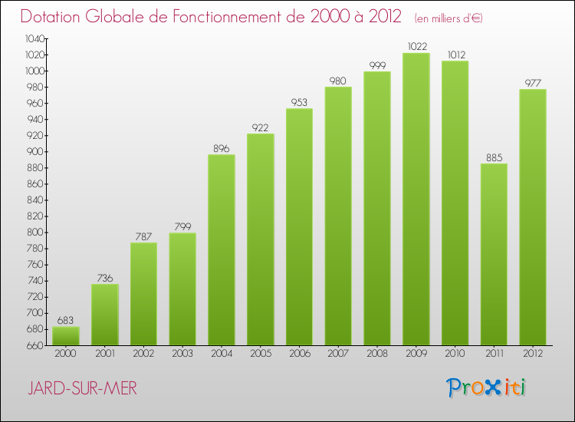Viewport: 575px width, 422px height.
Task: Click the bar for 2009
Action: tap(416, 199)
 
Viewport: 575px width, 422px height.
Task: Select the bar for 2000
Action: tap(66, 336)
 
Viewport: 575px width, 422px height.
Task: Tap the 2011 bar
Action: tap(494, 254)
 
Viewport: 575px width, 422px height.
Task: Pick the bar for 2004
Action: tap(222, 250)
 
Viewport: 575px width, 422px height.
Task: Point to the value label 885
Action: tap(494, 157)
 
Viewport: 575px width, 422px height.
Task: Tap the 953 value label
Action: tap(299, 102)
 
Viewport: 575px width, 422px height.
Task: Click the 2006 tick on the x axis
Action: tap(299, 354)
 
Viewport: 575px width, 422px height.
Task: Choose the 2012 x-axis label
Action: tap(533, 354)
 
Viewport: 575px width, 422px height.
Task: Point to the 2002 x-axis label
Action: tap(143, 354)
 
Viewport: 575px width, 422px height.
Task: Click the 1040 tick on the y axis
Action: tap(34, 38)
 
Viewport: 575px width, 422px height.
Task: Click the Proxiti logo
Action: tap(487, 387)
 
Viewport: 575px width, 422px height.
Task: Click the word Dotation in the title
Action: tap(54, 16)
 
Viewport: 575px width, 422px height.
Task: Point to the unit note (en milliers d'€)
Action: tap(449, 18)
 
